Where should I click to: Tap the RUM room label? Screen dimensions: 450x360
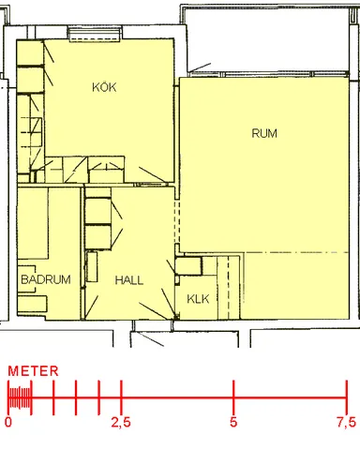pyautogui.click(x=264, y=133)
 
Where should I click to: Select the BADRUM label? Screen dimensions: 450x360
pyautogui.click(x=45, y=279)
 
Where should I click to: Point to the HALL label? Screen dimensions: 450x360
pyautogui.click(x=129, y=279)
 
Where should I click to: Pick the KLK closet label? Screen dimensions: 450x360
pyautogui.click(x=197, y=299)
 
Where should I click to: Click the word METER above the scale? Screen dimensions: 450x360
pyautogui.click(x=34, y=371)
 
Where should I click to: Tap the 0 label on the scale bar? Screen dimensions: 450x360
pyautogui.click(x=8, y=423)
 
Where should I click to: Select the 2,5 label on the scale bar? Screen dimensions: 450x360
pyautogui.click(x=120, y=423)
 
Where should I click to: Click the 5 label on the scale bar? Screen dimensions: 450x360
pyautogui.click(x=233, y=423)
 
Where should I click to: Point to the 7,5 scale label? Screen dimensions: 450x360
pyautogui.click(x=346, y=423)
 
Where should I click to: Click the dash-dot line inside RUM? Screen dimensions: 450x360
pyautogui.click(x=281, y=252)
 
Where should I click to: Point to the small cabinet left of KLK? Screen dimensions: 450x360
pyautogui.click(x=188, y=266)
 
